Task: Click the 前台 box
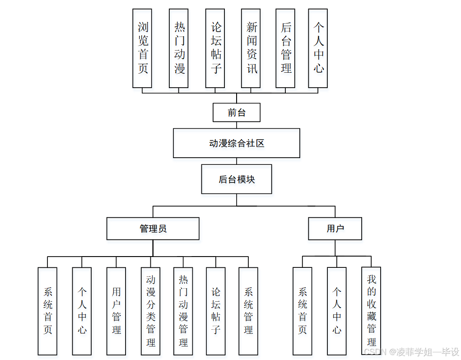pyautogui.click(x=237, y=112)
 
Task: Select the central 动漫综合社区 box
pyautogui.click(x=237, y=143)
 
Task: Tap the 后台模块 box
pyautogui.click(x=237, y=179)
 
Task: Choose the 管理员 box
pyautogui.click(x=153, y=229)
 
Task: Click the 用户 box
pyautogui.click(x=335, y=229)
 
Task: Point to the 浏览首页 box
pyautogui.click(x=142, y=48)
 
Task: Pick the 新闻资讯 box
pyautogui.click(x=251, y=48)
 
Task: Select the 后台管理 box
pyautogui.click(x=285, y=48)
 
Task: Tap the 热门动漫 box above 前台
pyautogui.click(x=179, y=48)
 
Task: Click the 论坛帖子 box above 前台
pyautogui.click(x=215, y=48)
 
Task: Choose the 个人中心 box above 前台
pyautogui.click(x=318, y=48)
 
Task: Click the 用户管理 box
pyautogui.click(x=116, y=311)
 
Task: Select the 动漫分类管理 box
pyautogui.click(x=150, y=311)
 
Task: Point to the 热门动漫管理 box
pyautogui.click(x=183, y=311)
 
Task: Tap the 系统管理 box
pyautogui.click(x=248, y=311)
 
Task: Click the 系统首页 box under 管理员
pyautogui.click(x=47, y=311)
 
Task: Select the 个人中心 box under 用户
pyautogui.click(x=337, y=311)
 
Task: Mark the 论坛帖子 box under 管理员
pyautogui.click(x=216, y=311)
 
